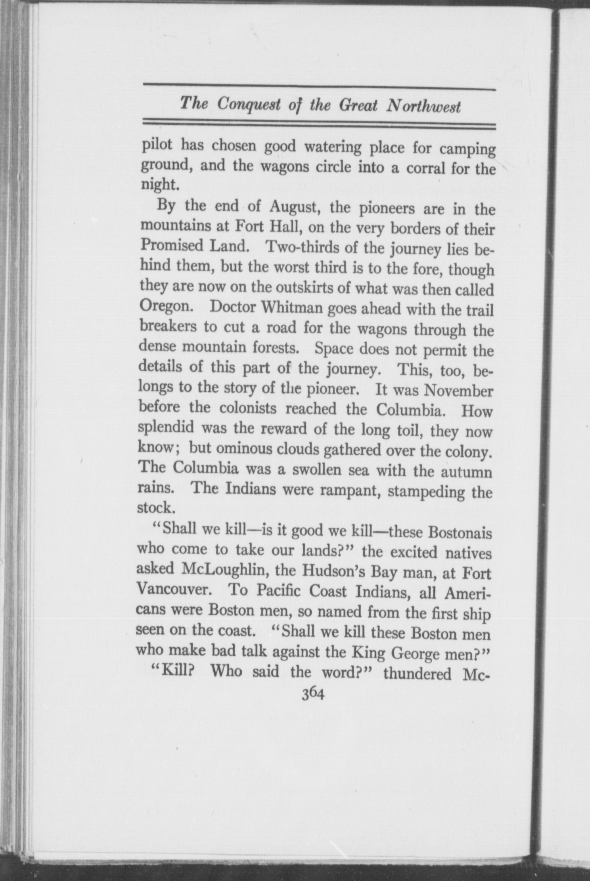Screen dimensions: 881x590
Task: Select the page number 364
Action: click(313, 694)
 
